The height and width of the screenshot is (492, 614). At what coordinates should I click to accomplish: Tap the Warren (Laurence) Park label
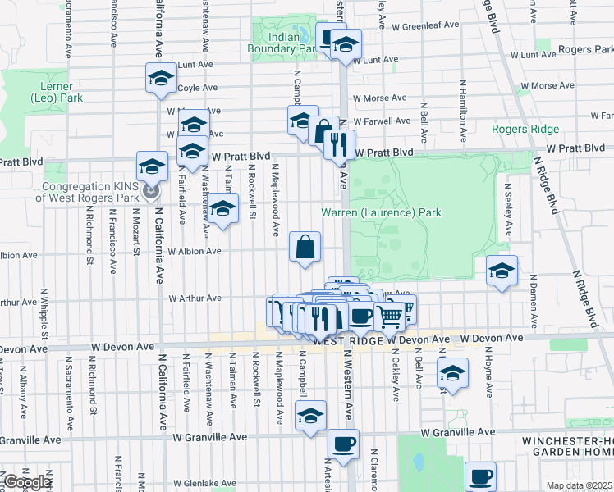pyautogui.click(x=380, y=213)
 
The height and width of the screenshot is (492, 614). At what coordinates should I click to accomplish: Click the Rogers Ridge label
pyautogui.click(x=525, y=129)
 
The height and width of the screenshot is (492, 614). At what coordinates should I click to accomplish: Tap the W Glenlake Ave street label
pyautogui.click(x=187, y=484)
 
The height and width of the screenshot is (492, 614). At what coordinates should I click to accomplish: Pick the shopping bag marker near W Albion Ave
pyautogui.click(x=305, y=246)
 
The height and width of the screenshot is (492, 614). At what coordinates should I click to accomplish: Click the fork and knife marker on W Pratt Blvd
pyautogui.click(x=338, y=144)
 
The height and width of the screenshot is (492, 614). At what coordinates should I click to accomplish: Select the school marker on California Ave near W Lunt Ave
pyautogui.click(x=161, y=78)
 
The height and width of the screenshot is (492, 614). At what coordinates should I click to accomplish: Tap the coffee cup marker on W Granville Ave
pyautogui.click(x=343, y=444)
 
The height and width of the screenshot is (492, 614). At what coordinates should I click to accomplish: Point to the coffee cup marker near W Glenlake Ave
pyautogui.click(x=480, y=476)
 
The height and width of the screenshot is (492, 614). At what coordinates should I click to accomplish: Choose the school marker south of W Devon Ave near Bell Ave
pyautogui.click(x=451, y=373)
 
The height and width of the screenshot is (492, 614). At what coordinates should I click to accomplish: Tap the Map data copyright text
pyautogui.click(x=580, y=485)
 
